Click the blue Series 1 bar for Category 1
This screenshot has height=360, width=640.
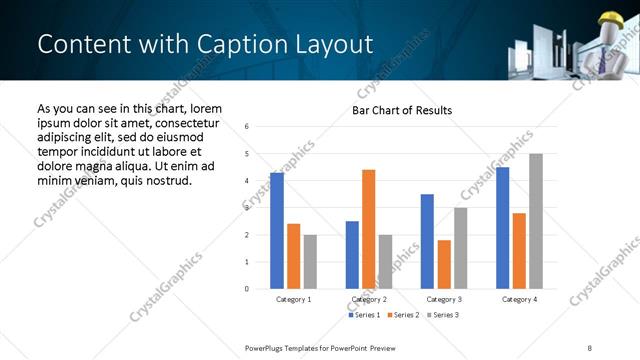click(x=277, y=231)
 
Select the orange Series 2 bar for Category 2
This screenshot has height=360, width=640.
click(x=368, y=229)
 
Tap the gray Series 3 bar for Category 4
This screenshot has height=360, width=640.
click(x=536, y=221)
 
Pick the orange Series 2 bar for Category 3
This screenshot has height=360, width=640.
click(x=443, y=264)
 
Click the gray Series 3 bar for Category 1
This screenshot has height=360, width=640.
click(x=310, y=262)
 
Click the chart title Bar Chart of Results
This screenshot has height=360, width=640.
click(x=402, y=110)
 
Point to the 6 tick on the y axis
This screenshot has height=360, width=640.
click(x=246, y=126)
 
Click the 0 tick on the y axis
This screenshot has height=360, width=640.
click(x=246, y=289)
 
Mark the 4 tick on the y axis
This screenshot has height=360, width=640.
click(x=246, y=181)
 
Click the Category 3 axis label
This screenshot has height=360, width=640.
click(x=443, y=299)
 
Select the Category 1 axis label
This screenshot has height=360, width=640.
click(x=294, y=299)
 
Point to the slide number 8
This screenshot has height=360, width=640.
click(x=591, y=347)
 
